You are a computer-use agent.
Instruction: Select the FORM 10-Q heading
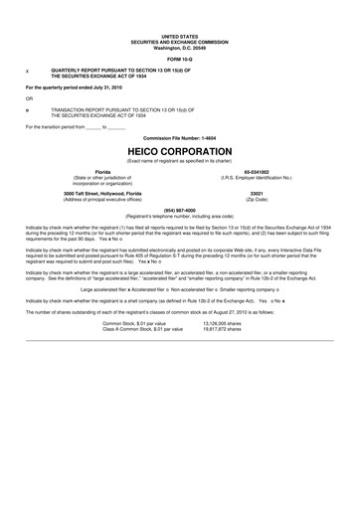[x=179, y=56]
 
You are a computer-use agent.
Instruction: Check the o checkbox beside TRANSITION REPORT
[x=26, y=106]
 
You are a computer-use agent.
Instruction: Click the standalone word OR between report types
[x=29, y=97]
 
